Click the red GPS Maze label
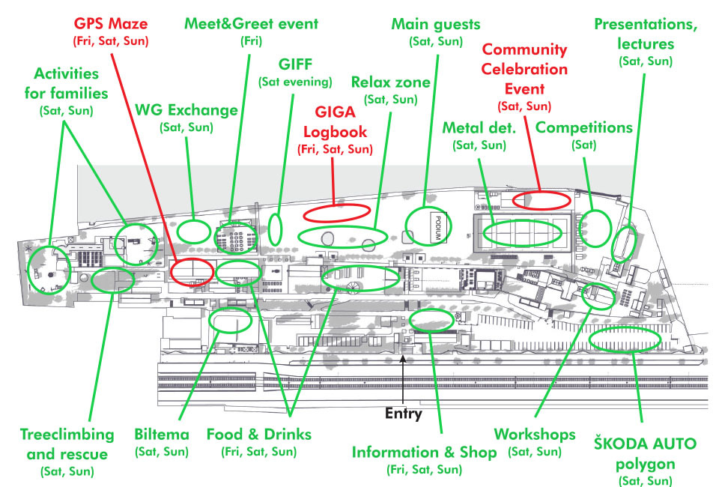[x=110, y=24]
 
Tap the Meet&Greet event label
[x=251, y=24]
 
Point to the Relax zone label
[x=390, y=82]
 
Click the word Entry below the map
[x=404, y=413]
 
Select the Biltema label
[x=162, y=435]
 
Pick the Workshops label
[x=535, y=435]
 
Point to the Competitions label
[x=584, y=127]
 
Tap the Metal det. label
[x=479, y=127]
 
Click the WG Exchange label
[x=186, y=110]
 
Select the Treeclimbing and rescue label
[x=67, y=444]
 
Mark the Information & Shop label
[x=424, y=452]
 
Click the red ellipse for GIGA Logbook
[x=336, y=212]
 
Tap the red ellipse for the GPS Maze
[x=192, y=270]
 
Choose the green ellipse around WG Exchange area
[x=193, y=230]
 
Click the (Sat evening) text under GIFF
[x=294, y=81]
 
